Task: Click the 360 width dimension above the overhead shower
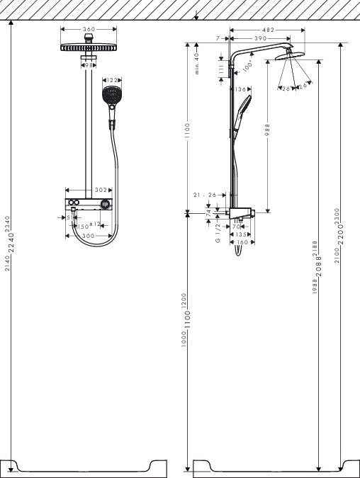click(89, 30)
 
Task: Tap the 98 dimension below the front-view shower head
click(89, 65)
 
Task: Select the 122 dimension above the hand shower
click(111, 80)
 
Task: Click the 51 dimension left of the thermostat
click(69, 218)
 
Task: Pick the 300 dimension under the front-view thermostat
click(88, 235)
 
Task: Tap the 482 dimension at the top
click(267, 30)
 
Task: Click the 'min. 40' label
click(197, 62)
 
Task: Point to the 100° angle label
click(247, 66)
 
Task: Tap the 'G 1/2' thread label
click(218, 233)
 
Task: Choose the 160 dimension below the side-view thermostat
click(241, 242)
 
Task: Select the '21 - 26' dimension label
click(206, 195)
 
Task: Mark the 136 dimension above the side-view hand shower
click(241, 89)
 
